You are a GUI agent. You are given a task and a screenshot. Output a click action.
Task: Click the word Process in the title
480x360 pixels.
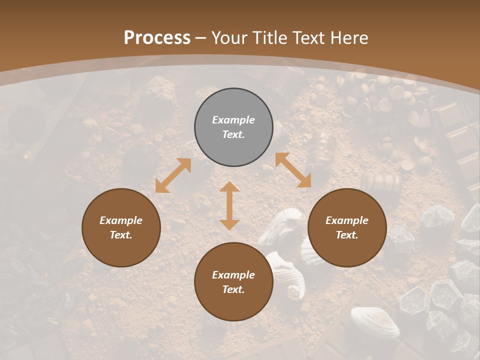point(157,38)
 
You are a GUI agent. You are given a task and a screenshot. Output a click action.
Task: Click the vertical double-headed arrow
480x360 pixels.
point(229,205)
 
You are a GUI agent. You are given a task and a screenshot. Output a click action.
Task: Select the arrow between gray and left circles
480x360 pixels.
point(173,175)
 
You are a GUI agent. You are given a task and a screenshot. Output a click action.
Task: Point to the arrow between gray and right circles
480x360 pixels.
point(293,170)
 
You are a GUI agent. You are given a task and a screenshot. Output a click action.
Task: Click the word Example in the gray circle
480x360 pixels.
point(233,120)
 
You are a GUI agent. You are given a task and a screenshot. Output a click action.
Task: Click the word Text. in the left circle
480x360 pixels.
point(121,235)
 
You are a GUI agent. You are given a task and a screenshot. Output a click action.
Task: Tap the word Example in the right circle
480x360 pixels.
point(347,220)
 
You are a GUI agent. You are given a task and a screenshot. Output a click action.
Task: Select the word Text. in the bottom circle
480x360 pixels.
point(233,289)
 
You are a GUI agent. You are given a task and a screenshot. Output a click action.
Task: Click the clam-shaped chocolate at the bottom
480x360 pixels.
point(374,322)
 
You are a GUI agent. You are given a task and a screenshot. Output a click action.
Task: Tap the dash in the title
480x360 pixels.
point(201,38)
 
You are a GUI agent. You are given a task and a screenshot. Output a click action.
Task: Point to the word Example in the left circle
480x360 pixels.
point(121,220)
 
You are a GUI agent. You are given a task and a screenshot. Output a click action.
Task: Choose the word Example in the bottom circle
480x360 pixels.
point(233,275)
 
